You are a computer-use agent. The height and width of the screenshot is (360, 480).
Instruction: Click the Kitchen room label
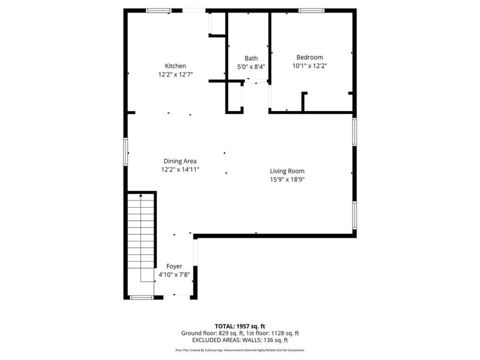[x=175, y=66]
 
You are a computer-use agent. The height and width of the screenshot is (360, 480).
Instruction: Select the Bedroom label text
[x=310, y=57]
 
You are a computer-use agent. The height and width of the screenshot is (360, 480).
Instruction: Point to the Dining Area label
[x=180, y=161]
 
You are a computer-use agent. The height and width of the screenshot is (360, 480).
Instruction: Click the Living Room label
[x=287, y=170]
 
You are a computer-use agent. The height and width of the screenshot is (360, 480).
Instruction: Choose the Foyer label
[x=174, y=266]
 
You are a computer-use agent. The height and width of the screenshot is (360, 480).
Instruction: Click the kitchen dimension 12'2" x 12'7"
[x=175, y=74]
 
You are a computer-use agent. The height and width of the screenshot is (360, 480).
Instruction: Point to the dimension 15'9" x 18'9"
[x=287, y=179]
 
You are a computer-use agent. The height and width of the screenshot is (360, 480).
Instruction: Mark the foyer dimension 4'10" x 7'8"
[x=174, y=275]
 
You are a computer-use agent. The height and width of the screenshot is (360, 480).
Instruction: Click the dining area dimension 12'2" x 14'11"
[x=180, y=169]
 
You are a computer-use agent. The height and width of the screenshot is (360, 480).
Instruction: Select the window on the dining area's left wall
[x=126, y=151]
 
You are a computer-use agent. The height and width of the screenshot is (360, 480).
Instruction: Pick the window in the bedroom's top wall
[x=311, y=10]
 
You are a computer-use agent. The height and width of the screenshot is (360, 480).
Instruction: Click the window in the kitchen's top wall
[x=158, y=10]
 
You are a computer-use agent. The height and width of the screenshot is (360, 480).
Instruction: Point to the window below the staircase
[x=142, y=297]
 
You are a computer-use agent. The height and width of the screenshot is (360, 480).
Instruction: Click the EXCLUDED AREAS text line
[x=240, y=340]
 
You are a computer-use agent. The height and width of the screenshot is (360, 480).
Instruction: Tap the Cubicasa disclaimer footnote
[x=240, y=350]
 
